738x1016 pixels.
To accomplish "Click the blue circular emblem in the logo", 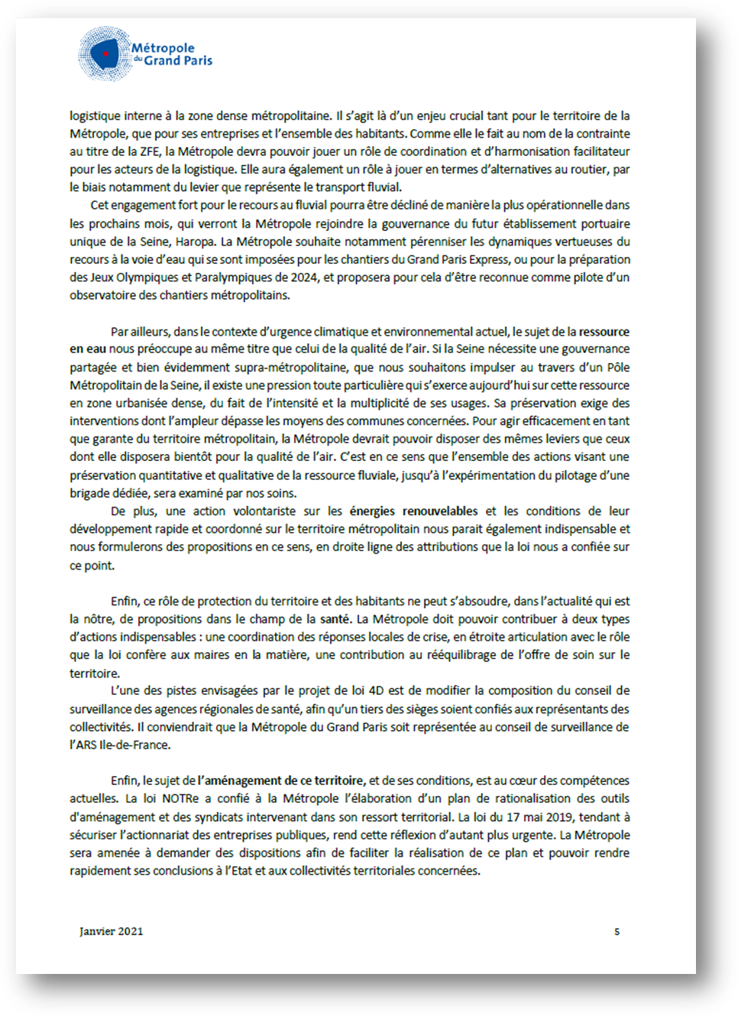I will pyautogui.click(x=105, y=54).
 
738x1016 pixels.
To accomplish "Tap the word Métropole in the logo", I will pyautogui.click(x=163, y=47).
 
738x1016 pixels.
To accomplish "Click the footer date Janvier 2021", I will pyautogui.click(x=111, y=931).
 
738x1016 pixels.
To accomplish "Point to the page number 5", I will pyautogui.click(x=617, y=931).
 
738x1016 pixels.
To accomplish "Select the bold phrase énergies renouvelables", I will pyautogui.click(x=413, y=511).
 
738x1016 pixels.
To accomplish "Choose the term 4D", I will pyautogui.click(x=376, y=690).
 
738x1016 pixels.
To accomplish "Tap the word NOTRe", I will pyautogui.click(x=180, y=798).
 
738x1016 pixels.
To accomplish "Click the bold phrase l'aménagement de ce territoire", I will pyautogui.click(x=281, y=781).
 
